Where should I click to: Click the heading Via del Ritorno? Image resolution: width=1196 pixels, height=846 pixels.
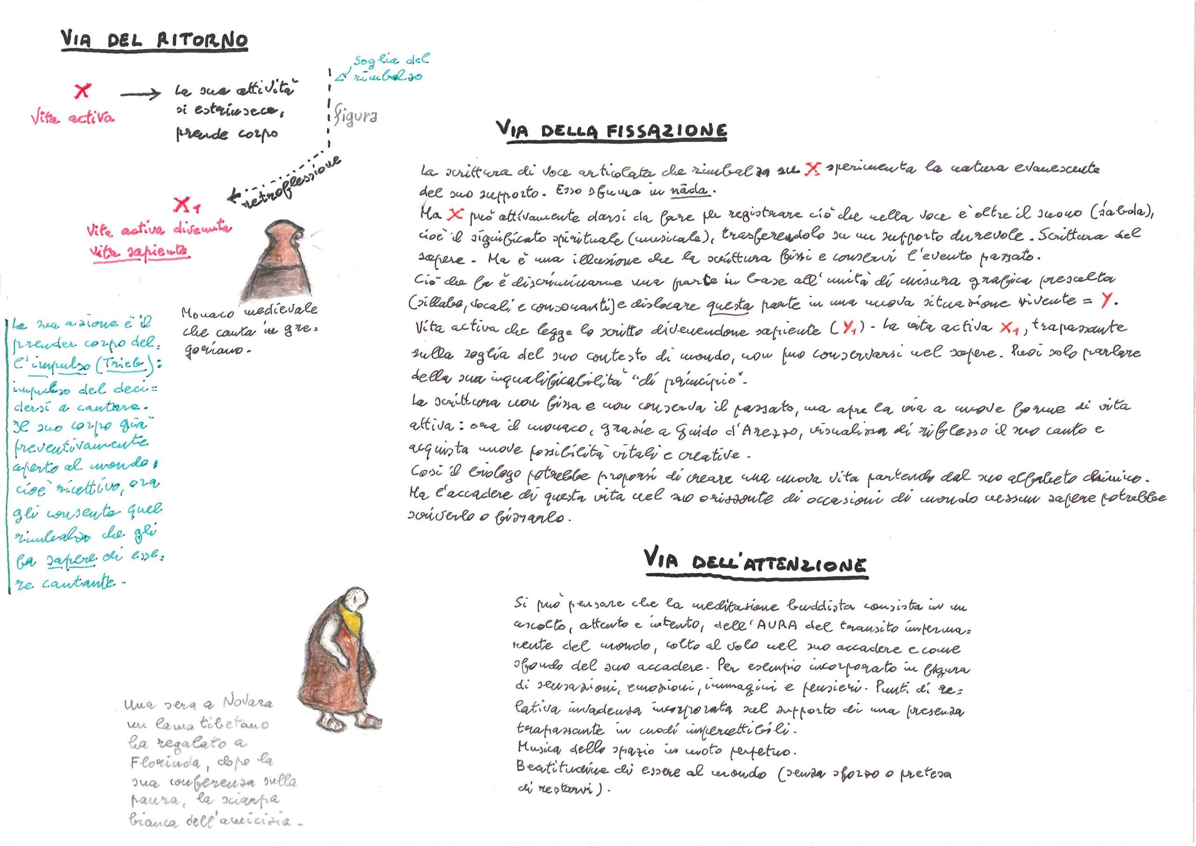(x=154, y=40)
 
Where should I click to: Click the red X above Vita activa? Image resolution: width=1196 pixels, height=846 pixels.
(x=82, y=91)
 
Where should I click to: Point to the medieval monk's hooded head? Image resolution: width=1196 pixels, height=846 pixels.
(x=281, y=235)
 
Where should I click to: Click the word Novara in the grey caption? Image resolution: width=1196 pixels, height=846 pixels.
(x=247, y=702)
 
